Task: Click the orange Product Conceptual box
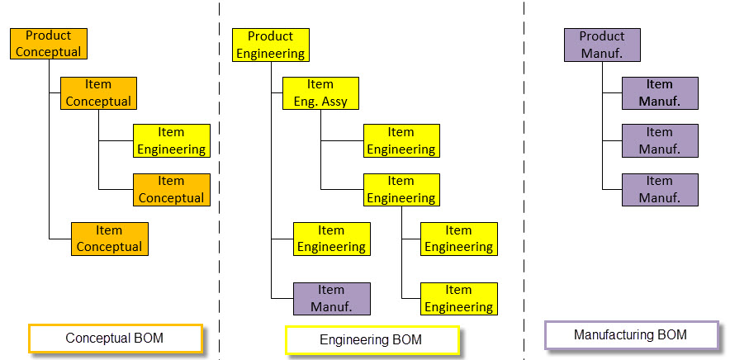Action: (x=48, y=44)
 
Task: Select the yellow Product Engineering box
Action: (x=270, y=45)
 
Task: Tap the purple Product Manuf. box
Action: (x=602, y=45)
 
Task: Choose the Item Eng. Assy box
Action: (x=320, y=93)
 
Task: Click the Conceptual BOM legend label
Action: (x=115, y=339)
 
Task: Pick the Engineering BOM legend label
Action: (x=371, y=339)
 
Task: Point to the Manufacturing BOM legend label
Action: (x=631, y=335)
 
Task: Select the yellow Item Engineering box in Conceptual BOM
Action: (x=172, y=141)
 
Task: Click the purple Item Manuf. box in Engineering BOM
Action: (x=331, y=299)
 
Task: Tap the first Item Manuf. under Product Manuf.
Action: (x=660, y=93)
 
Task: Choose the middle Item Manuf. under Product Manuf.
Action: (x=660, y=141)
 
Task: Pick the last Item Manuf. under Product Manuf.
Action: (x=660, y=190)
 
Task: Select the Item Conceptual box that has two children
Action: (x=98, y=92)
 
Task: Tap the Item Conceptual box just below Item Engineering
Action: (x=172, y=190)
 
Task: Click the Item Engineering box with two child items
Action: (x=401, y=190)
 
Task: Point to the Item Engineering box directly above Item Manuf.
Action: (x=331, y=239)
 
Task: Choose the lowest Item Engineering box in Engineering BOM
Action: (x=459, y=299)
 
